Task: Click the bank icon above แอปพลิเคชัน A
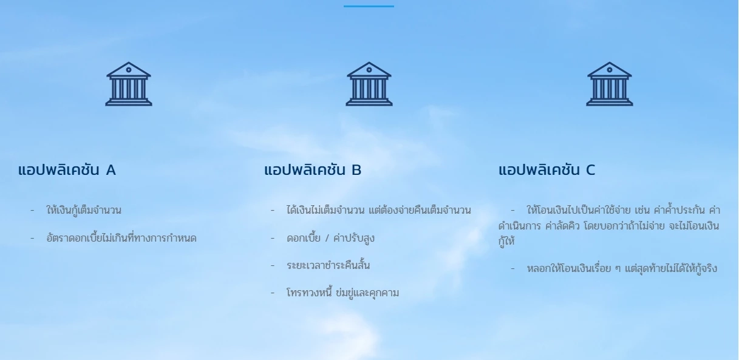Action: (129, 84)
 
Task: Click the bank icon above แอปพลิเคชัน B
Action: (369, 84)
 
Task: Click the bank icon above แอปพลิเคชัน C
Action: (610, 84)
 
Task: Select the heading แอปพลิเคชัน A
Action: (67, 170)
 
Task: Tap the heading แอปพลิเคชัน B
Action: (313, 170)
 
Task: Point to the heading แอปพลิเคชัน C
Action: (547, 170)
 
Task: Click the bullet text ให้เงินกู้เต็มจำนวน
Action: (84, 211)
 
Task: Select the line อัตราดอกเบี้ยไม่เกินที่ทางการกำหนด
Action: (121, 238)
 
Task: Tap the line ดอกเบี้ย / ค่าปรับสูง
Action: (330, 238)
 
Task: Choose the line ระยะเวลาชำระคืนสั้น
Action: (328, 265)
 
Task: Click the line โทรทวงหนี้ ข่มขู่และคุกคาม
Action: (342, 293)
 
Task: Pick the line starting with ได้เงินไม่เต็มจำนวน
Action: (378, 211)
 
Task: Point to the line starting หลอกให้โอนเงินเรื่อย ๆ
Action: (622, 268)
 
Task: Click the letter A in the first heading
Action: (111, 171)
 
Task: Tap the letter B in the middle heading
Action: (356, 171)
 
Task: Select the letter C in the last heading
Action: (590, 171)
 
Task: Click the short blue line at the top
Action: (369, 6)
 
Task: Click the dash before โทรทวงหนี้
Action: (273, 293)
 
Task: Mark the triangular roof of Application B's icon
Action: (369, 69)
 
